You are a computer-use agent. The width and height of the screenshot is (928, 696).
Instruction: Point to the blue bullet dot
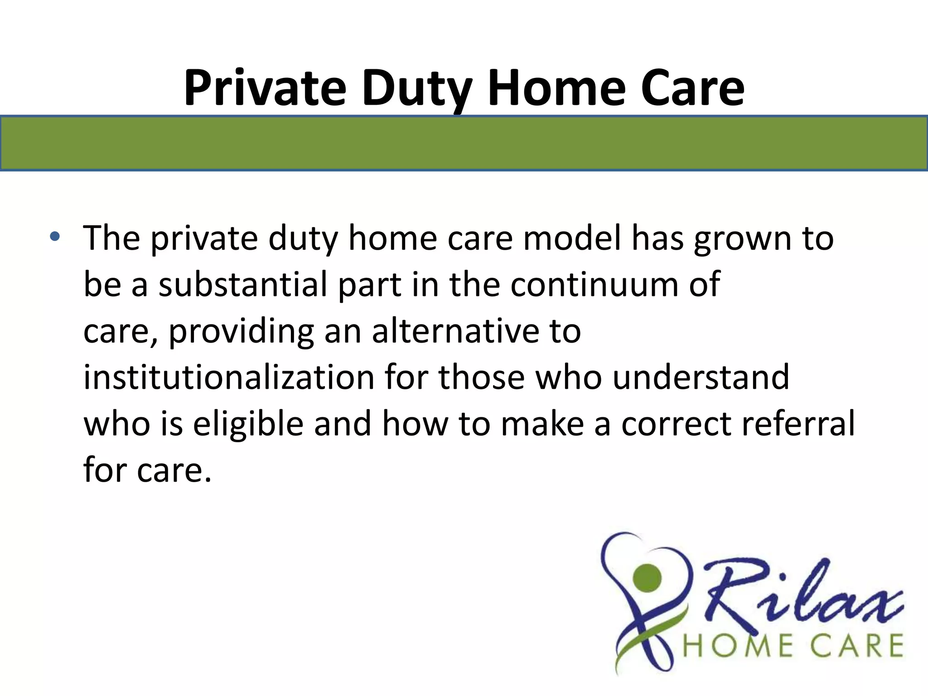(x=55, y=236)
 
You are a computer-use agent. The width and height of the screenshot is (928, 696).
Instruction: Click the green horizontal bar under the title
(x=464, y=143)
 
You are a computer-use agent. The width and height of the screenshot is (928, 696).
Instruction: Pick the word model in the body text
(x=572, y=238)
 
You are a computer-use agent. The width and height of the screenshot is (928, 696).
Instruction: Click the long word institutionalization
(x=228, y=377)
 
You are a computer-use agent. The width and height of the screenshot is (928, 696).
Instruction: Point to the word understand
(x=701, y=377)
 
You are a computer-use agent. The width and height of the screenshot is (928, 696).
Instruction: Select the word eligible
(x=248, y=424)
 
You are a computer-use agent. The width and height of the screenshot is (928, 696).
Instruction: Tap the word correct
(x=675, y=424)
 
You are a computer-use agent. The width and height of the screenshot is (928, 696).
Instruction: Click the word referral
(x=798, y=423)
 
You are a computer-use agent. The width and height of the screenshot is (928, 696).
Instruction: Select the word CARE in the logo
(x=856, y=646)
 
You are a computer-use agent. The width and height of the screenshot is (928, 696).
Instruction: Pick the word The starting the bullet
(x=111, y=238)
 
